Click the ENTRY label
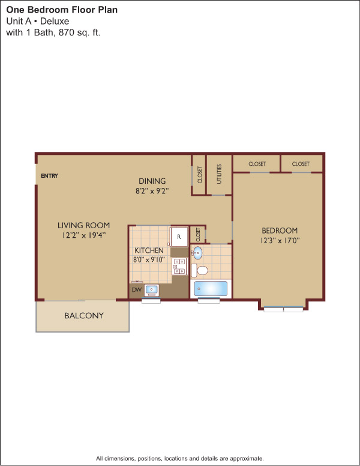(x=49, y=175)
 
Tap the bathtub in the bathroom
(x=211, y=288)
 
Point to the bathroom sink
(x=197, y=253)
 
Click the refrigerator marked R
(x=179, y=237)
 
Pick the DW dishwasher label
(x=136, y=289)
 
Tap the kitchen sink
(x=151, y=290)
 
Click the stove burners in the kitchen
(x=179, y=266)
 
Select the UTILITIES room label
(x=219, y=174)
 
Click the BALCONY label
(x=84, y=315)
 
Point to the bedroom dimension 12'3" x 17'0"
(x=280, y=240)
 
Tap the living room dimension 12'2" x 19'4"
(x=84, y=235)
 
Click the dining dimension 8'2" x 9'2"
(x=152, y=191)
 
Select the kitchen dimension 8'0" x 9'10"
(x=149, y=260)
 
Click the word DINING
(x=152, y=181)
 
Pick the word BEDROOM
(x=280, y=231)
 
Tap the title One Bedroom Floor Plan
(x=62, y=10)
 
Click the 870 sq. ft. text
(x=79, y=32)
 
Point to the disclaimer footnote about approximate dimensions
(x=180, y=458)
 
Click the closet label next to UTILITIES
(x=200, y=175)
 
